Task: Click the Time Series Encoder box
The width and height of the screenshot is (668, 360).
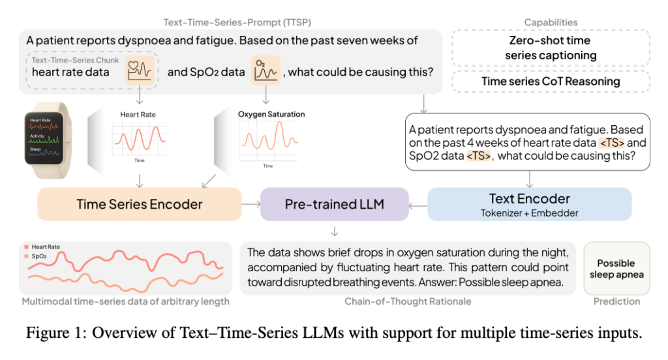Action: pos(140,204)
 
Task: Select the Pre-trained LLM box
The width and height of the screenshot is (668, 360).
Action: pos(334,204)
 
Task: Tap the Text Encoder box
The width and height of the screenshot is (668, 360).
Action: pos(530,203)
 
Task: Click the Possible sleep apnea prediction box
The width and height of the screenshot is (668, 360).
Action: pos(616,269)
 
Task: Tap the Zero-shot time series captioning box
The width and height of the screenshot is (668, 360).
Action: pos(551,48)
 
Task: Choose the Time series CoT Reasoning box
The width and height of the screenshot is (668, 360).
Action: pos(551,82)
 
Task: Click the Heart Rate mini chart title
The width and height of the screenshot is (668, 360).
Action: pos(138,115)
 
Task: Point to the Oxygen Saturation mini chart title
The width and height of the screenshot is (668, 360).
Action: pos(271,114)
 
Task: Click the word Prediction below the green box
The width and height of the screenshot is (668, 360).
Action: pos(616,301)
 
